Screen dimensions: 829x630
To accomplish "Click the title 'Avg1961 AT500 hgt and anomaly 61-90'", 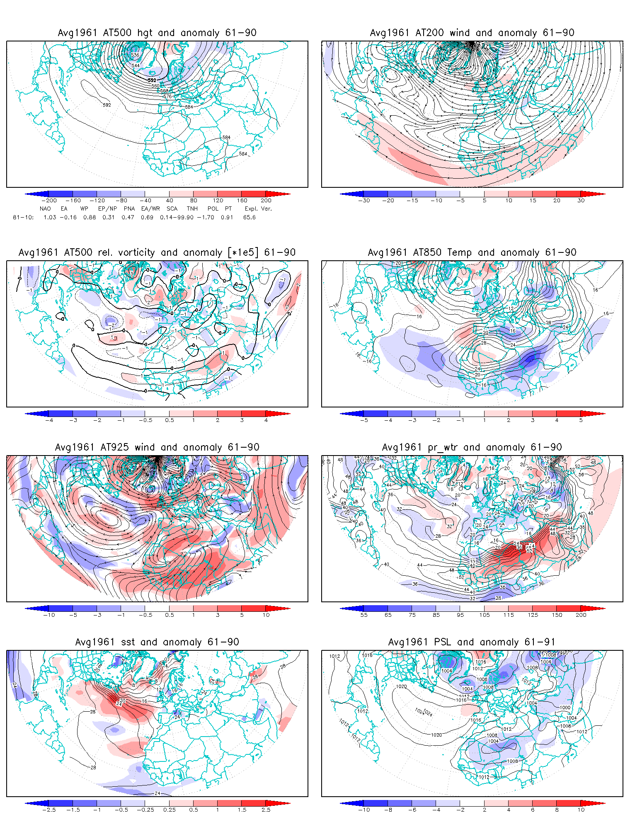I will tap(157, 33).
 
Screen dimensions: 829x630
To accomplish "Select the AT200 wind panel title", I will tap(472, 33).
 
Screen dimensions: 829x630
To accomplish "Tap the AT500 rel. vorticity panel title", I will tap(157, 252).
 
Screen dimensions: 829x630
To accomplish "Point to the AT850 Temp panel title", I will tap(472, 252).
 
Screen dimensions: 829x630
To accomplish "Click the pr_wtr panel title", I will tap(472, 447).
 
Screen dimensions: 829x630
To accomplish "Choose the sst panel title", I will tap(157, 642).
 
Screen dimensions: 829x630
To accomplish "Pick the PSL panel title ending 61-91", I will tap(472, 642).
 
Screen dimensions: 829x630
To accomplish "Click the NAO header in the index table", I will tap(45, 208).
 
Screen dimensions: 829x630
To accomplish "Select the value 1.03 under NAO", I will tap(50, 217).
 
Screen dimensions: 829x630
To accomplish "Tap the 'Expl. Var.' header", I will tap(258, 208).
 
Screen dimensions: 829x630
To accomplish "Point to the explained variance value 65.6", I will tap(250, 217).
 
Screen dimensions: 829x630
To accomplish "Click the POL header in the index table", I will tap(213, 208).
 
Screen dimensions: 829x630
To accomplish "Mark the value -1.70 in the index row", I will tap(206, 217).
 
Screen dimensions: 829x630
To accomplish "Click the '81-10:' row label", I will tap(23, 217).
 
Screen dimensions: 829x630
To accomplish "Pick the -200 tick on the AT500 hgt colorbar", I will tap(49, 200).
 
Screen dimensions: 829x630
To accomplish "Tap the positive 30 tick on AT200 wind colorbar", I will tap(581, 200).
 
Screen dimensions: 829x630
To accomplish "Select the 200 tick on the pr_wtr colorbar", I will tap(581, 615).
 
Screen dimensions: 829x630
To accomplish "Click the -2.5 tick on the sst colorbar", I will tap(49, 810).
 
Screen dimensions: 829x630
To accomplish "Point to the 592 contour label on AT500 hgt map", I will tap(107, 105).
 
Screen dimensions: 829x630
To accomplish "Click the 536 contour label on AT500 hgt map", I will tap(135, 55).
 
